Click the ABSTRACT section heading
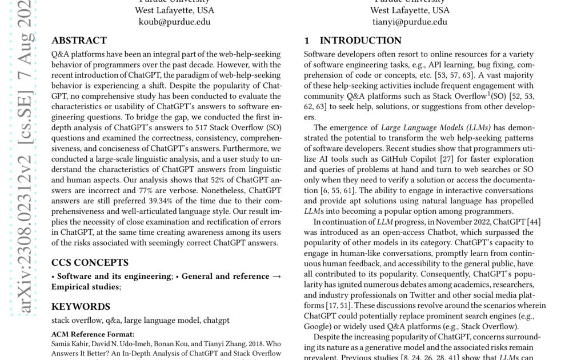(79, 41)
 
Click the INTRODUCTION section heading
(360, 41)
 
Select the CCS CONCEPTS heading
(90, 263)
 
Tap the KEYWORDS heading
(81, 307)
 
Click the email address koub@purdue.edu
(174, 22)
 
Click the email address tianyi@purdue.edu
(410, 22)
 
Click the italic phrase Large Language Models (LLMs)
(434, 127)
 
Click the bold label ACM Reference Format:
(93, 334)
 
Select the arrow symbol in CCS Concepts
(276, 277)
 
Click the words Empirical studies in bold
(85, 287)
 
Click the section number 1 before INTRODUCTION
(307, 41)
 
